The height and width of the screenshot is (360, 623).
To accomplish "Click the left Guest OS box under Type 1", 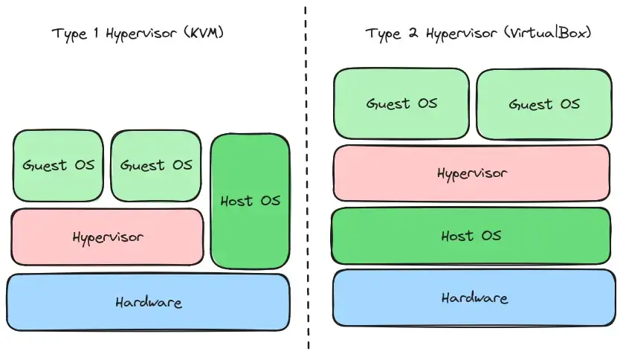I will pyautogui.click(x=58, y=165).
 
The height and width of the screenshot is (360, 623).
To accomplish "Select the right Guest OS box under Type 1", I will pyautogui.click(x=156, y=165).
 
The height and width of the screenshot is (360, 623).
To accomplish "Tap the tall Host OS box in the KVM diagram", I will pyautogui.click(x=250, y=201).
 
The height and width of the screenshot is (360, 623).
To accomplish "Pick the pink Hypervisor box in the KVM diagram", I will pyautogui.click(x=107, y=237).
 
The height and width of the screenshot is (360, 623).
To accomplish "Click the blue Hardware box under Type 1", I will pyautogui.click(x=148, y=303).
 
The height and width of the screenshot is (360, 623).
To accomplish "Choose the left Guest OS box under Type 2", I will pyautogui.click(x=401, y=103).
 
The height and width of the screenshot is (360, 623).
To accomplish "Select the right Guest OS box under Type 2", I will pyautogui.click(x=544, y=104).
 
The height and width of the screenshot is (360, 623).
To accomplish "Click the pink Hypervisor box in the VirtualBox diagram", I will pyautogui.click(x=471, y=173).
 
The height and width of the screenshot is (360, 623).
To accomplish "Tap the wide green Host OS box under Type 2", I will pyautogui.click(x=471, y=236).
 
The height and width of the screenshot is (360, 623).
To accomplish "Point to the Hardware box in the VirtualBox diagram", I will pyautogui.click(x=474, y=298).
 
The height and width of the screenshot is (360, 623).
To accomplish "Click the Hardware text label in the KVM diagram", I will pyautogui.click(x=148, y=303).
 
